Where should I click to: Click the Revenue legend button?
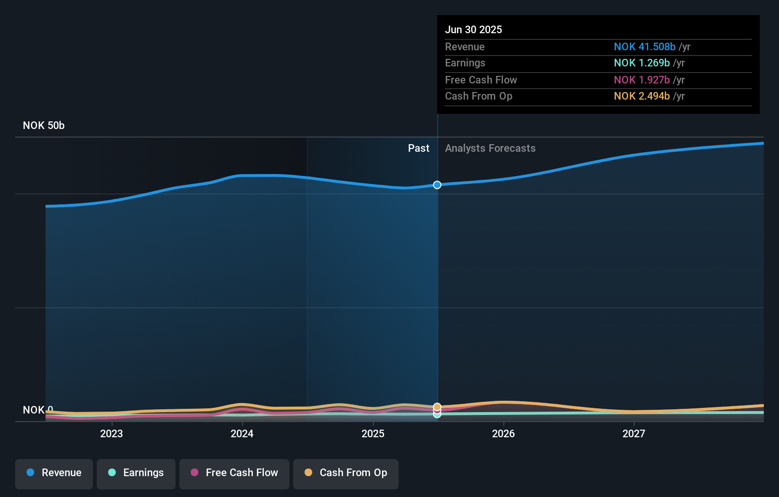click(54, 473)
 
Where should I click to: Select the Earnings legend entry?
click(136, 473)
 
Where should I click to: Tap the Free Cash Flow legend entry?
click(234, 473)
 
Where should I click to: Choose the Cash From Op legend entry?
click(346, 473)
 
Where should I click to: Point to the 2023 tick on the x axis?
click(111, 433)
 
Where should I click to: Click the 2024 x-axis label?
click(242, 433)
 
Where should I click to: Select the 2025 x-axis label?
click(373, 433)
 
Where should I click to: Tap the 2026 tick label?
click(503, 433)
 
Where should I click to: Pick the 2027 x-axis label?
click(634, 433)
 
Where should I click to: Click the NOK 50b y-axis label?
click(44, 126)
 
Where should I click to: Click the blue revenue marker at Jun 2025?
click(437, 185)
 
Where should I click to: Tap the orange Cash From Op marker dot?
click(437, 407)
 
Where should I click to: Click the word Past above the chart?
click(418, 148)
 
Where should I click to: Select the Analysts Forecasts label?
click(490, 148)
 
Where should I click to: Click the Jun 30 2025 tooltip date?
click(473, 30)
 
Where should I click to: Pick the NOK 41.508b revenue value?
click(644, 47)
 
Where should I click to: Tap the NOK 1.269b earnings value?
click(641, 63)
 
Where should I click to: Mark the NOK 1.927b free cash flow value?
click(641, 80)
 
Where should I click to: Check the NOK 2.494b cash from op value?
click(641, 96)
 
